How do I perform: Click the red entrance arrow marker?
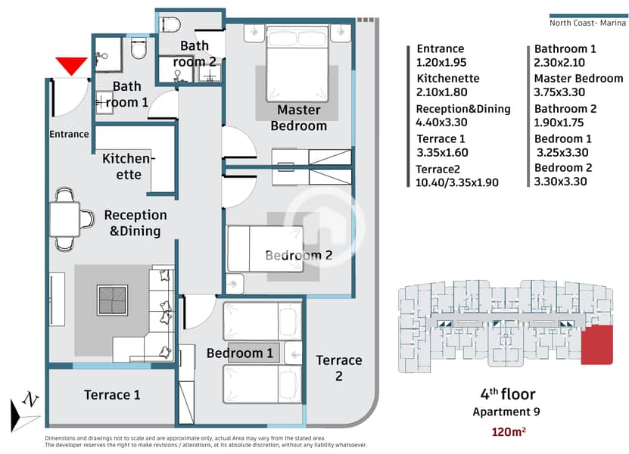point(71,65)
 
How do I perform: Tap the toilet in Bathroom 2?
point(170,24)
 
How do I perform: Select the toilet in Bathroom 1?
point(139,49)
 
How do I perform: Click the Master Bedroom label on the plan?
point(299,117)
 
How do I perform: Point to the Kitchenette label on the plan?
point(129,166)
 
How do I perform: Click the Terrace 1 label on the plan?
point(112,395)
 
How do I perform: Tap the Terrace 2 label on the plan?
point(339,368)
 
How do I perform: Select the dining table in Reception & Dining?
point(64,219)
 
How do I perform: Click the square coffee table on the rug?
point(112,300)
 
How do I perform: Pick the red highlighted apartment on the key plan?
point(597,344)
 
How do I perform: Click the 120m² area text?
point(508,432)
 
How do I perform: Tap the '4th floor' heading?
point(508,394)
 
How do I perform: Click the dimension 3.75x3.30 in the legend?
point(559,92)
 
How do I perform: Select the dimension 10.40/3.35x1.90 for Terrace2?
point(457,183)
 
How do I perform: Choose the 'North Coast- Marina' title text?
point(587,23)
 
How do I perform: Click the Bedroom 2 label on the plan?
point(299,256)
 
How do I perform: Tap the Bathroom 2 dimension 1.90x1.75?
point(559,123)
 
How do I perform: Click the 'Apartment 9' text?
point(506,412)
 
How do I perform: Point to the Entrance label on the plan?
point(69,134)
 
